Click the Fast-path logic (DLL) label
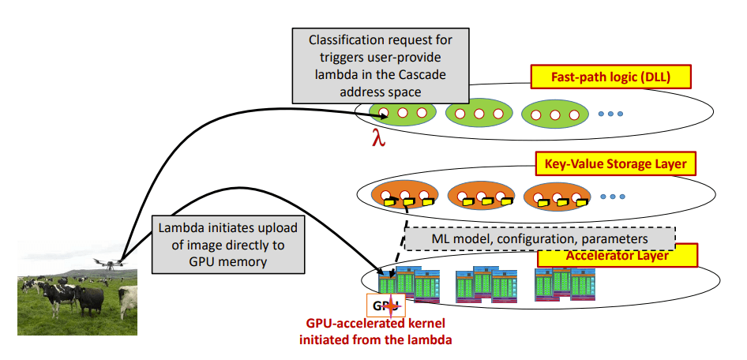coord(610,77)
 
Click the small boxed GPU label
coord(385,306)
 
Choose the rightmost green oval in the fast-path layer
coord(554,114)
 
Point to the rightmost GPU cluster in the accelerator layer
coord(564,283)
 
